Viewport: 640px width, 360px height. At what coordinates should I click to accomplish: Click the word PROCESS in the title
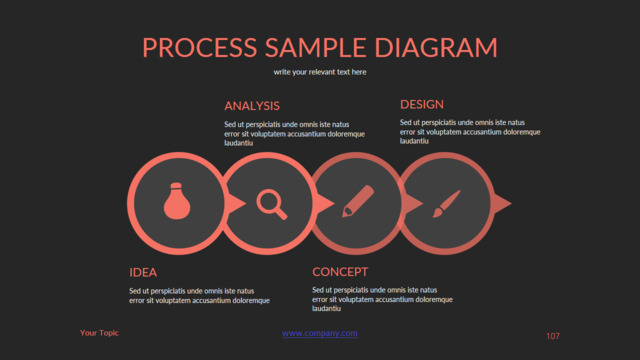click(x=200, y=47)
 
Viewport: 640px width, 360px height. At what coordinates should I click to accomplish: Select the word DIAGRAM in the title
click(x=436, y=47)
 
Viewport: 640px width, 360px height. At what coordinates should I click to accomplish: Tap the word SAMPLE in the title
click(x=316, y=47)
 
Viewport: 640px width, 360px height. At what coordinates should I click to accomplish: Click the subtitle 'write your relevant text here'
click(x=320, y=72)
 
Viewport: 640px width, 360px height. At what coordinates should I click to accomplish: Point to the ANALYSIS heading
click(x=252, y=106)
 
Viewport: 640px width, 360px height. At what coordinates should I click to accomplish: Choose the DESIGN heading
click(x=422, y=104)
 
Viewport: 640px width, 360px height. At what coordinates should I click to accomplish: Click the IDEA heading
click(x=143, y=272)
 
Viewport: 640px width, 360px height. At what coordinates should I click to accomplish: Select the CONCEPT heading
click(x=340, y=272)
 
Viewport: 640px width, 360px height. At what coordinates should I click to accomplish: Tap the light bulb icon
click(x=177, y=201)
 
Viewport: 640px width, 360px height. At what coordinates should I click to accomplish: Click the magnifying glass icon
click(x=272, y=204)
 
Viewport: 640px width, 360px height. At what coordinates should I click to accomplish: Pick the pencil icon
click(x=358, y=201)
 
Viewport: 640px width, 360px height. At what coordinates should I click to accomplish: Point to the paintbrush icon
click(x=446, y=204)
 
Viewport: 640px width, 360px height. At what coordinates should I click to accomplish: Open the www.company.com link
click(x=320, y=333)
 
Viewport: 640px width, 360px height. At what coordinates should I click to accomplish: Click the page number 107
click(x=553, y=336)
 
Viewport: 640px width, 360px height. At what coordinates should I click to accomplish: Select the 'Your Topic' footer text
click(x=99, y=333)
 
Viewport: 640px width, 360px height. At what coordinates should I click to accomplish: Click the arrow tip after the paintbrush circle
click(x=511, y=203)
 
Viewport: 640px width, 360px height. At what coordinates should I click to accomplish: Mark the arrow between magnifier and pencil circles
click(x=325, y=203)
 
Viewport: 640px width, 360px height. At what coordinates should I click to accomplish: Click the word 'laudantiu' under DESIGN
click(x=414, y=141)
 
